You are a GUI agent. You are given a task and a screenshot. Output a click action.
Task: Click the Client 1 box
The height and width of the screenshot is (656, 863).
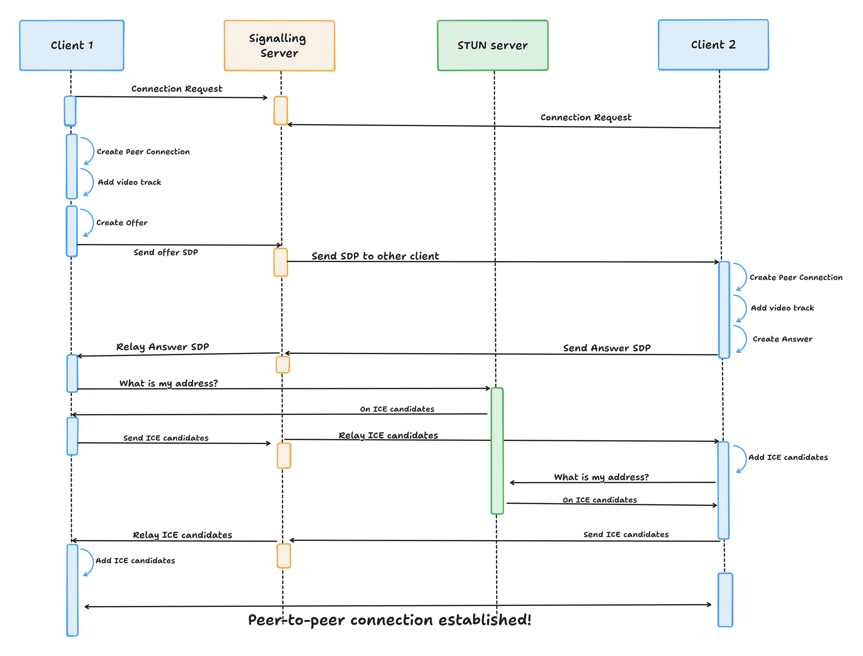click(72, 45)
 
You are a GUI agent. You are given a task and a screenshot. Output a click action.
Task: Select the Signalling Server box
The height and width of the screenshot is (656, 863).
click(279, 46)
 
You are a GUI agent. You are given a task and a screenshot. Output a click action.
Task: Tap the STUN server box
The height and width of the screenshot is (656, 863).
click(492, 46)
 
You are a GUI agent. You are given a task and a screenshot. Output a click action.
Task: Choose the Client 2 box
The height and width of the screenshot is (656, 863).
click(713, 45)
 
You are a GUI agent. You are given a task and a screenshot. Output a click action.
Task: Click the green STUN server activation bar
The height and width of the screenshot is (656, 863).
click(497, 451)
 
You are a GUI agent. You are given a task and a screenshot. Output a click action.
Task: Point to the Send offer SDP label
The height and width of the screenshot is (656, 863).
click(165, 252)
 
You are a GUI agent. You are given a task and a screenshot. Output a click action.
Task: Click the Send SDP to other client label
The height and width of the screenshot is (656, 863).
click(375, 256)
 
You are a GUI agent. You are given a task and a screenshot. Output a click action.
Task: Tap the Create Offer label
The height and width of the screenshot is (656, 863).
click(122, 223)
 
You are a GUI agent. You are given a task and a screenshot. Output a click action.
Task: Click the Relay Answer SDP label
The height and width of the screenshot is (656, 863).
click(162, 347)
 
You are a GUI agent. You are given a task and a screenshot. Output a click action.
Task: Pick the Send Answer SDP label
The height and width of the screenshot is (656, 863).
click(606, 348)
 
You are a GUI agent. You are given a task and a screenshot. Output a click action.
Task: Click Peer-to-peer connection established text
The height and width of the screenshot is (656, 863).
click(389, 620)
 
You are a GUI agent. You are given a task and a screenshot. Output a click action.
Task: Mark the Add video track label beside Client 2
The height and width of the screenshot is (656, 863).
click(782, 308)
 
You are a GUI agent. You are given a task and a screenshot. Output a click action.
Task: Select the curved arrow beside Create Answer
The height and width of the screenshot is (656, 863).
click(742, 339)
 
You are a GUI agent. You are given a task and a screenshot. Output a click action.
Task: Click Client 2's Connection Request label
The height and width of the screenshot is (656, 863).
click(586, 117)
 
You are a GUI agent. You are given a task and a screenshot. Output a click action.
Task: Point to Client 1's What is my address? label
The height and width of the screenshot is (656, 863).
click(168, 383)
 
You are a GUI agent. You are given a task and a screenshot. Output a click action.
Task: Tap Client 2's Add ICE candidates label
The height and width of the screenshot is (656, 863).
click(788, 457)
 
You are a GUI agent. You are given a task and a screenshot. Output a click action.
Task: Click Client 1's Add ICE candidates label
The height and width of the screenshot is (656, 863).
click(135, 561)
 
